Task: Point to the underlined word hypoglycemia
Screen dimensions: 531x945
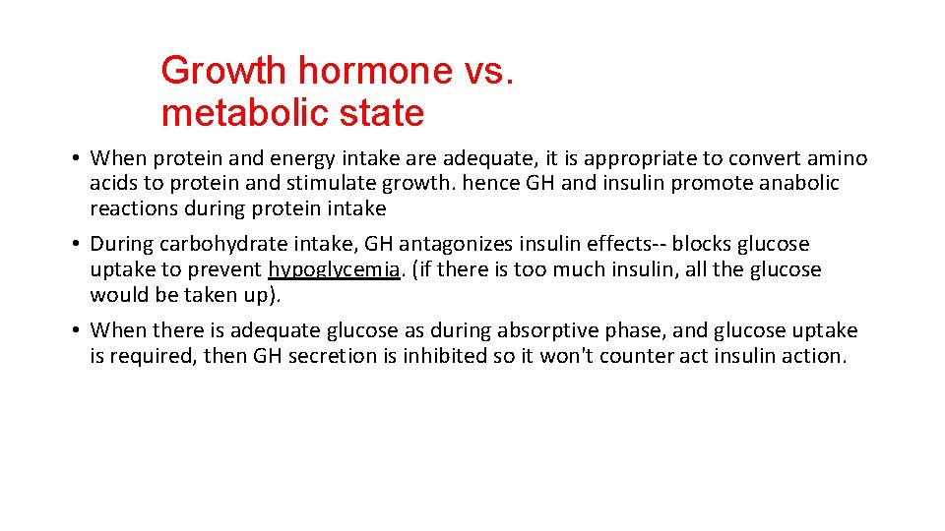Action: click(x=334, y=270)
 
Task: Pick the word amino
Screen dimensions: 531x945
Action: click(x=839, y=158)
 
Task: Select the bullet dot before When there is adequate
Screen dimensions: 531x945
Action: click(x=75, y=331)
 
